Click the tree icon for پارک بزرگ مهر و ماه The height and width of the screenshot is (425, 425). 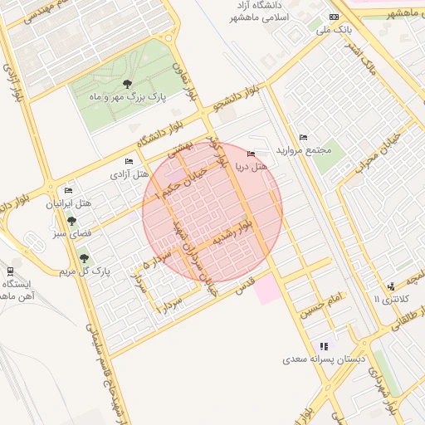click(x=127, y=83)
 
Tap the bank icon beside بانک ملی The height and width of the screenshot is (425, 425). click(x=334, y=17)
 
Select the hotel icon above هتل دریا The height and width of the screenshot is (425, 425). click(x=252, y=154)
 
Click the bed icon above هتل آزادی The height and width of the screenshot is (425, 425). click(x=128, y=161)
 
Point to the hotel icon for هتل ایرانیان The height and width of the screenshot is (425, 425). click(x=68, y=190)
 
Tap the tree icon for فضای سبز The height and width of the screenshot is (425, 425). click(x=71, y=222)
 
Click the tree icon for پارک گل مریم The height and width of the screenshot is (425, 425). click(x=83, y=259)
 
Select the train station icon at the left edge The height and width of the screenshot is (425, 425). click(x=9, y=271)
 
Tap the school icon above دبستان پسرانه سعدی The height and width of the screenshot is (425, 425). click(x=324, y=345)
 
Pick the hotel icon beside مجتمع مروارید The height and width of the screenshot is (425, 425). click(x=303, y=137)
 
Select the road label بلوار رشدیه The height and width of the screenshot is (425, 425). click(x=231, y=232)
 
